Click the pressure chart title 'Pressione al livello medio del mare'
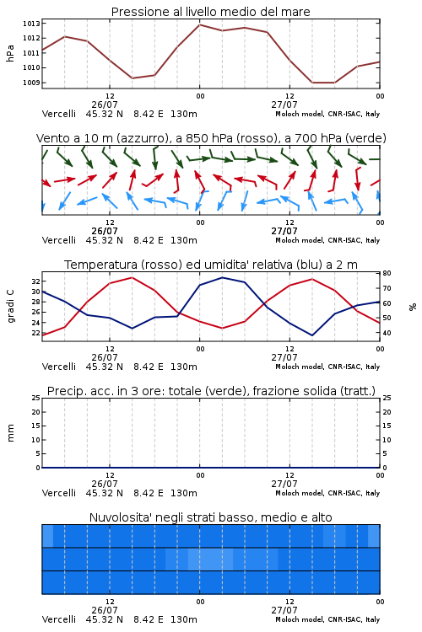pos(210,12)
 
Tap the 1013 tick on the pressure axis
pos(31,24)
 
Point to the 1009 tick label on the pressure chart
pos(31,83)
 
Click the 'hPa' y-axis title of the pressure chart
pos(10,53)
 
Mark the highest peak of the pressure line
pos(199,24)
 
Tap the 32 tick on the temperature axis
pos(35,281)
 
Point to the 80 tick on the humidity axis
pos(387,273)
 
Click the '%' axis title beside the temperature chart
pos(413,307)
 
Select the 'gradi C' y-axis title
pos(10,307)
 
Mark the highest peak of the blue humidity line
pos(222,277)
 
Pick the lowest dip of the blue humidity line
pos(312,335)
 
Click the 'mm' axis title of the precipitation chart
pos(10,433)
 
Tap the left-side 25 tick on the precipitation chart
pos(36,398)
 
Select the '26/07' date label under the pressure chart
pos(105,104)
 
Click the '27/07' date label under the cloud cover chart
pos(284,610)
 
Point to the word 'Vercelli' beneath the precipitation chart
pos(59,493)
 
